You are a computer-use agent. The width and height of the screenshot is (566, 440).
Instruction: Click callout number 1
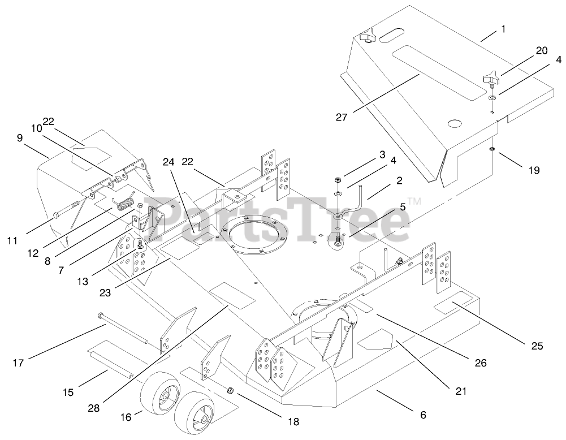[503, 28]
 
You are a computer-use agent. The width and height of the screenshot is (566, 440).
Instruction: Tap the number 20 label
[541, 51]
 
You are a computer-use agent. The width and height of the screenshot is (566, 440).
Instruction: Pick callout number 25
[535, 346]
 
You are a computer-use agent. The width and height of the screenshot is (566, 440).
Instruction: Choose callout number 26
[480, 363]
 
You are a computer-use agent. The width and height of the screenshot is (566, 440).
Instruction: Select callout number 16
[126, 417]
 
